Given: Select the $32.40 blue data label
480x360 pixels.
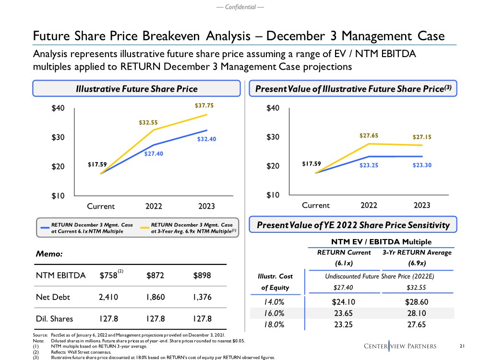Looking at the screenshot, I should tap(207, 139).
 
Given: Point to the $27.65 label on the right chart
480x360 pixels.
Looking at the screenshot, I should tap(369, 135).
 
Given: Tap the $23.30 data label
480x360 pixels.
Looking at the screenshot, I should tap(422, 165).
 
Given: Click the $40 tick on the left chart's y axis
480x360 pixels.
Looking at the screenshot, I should tap(59, 108).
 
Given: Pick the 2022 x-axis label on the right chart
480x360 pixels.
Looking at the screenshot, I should tap(369, 205).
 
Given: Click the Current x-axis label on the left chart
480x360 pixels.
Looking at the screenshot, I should tap(100, 206).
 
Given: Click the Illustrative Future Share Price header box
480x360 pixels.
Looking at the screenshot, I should tap(136, 89).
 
